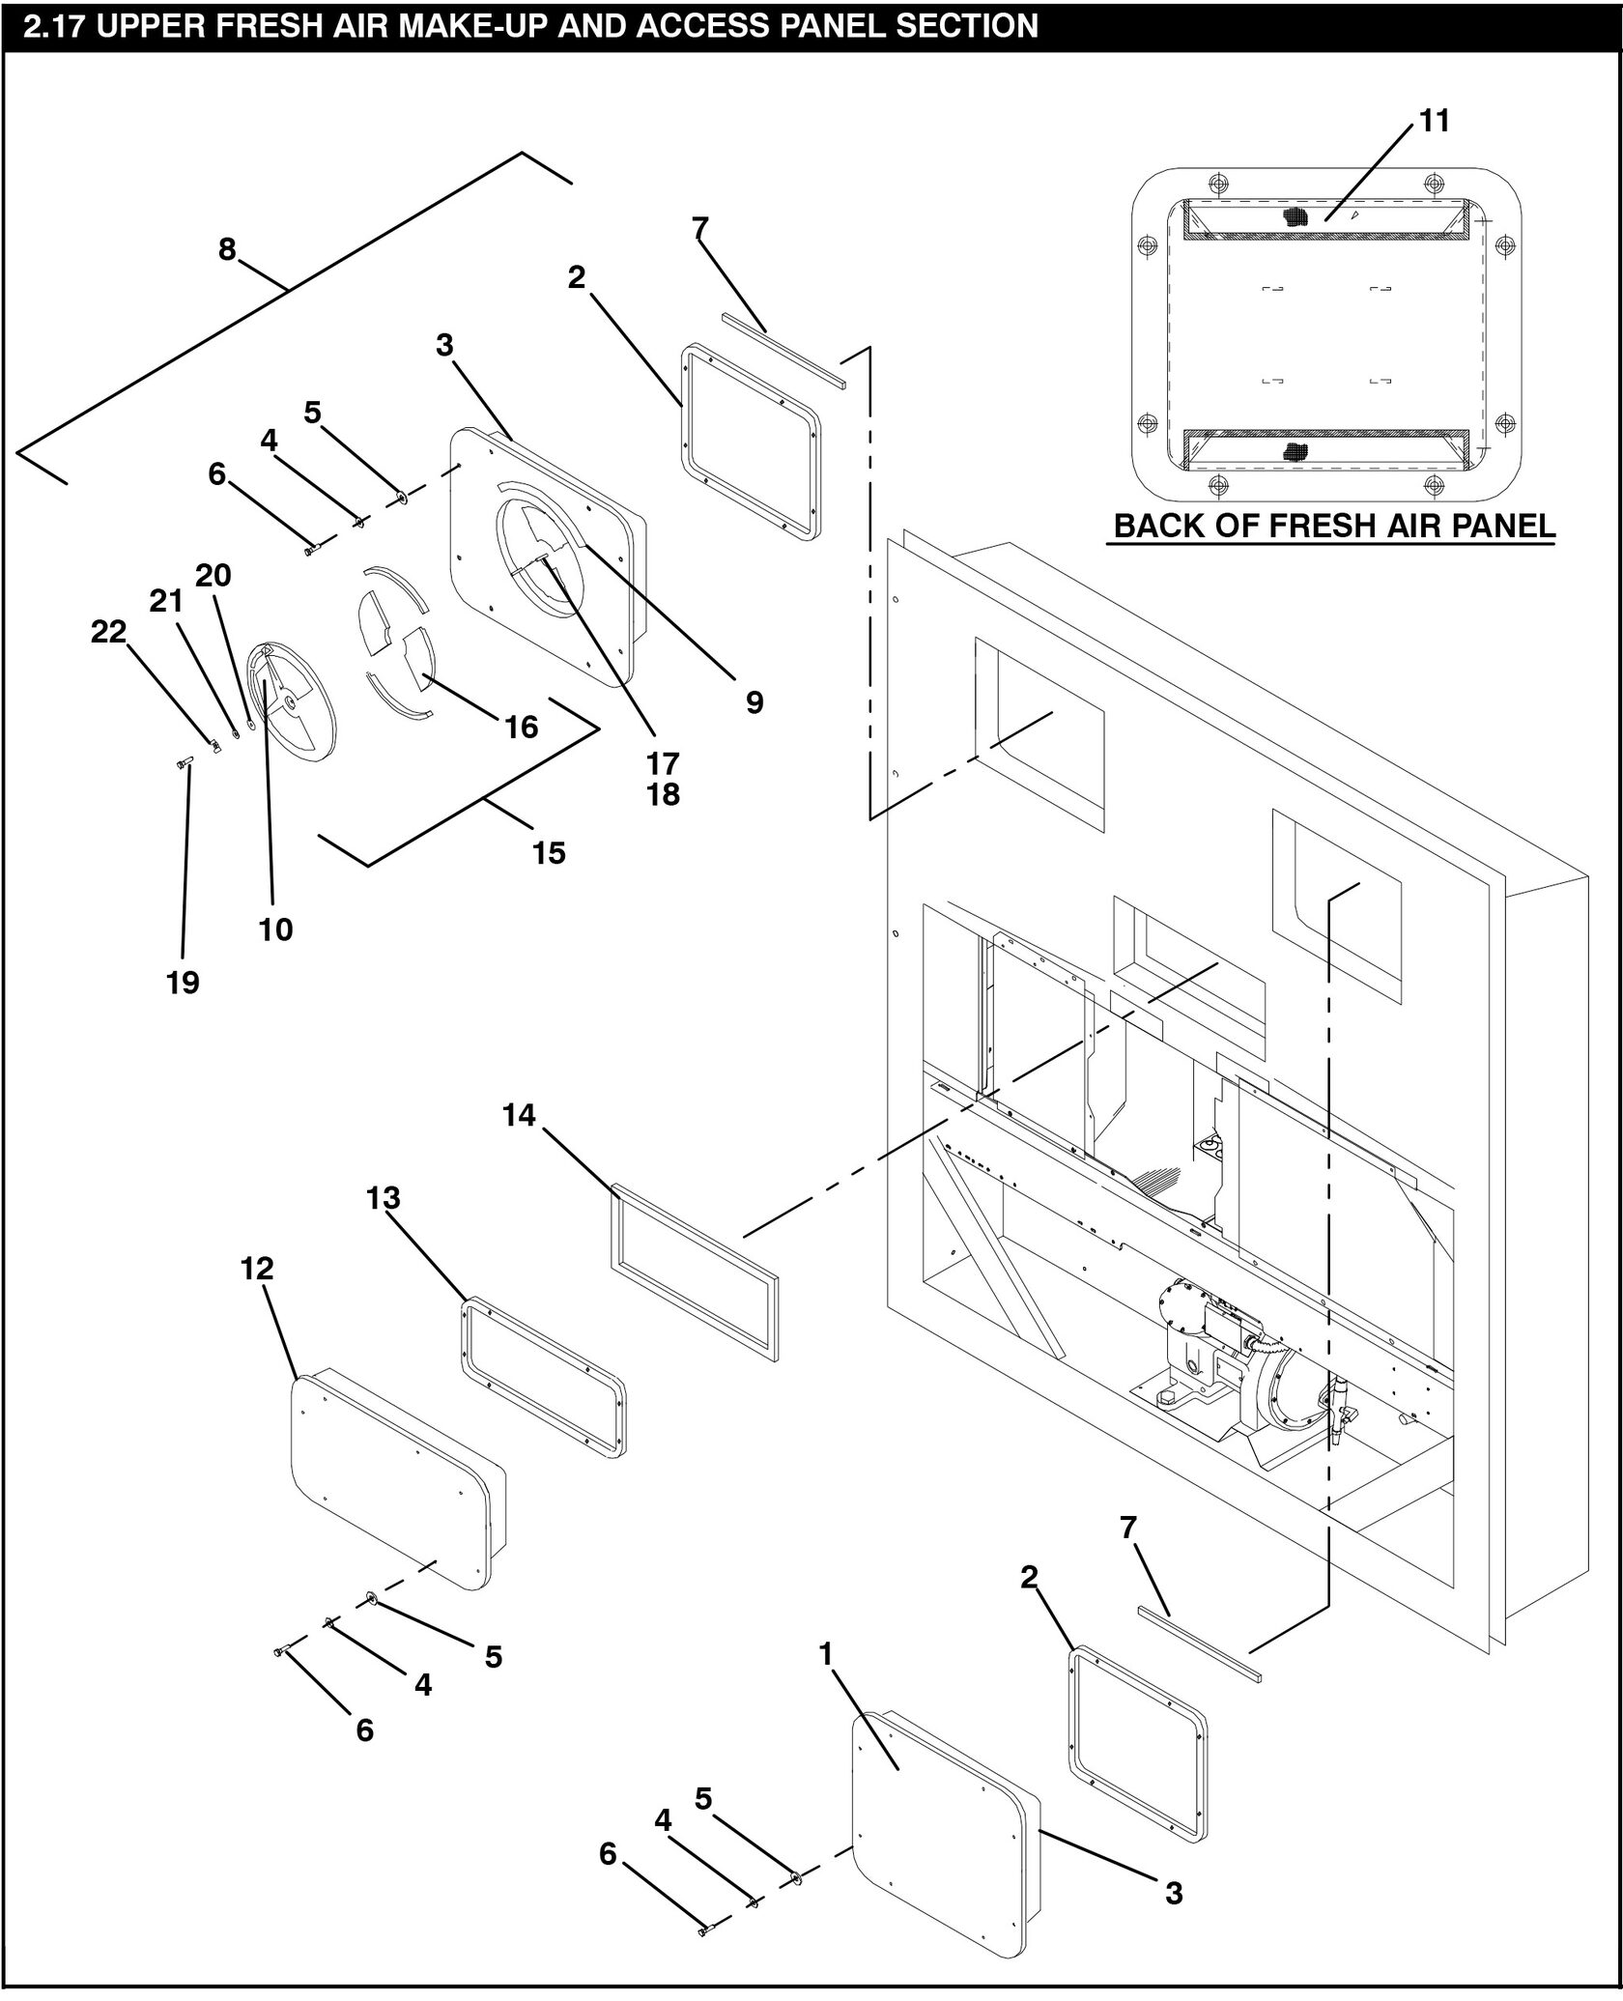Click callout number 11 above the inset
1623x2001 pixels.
pyautogui.click(x=1435, y=122)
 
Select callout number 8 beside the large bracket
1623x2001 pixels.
pyautogui.click(x=227, y=249)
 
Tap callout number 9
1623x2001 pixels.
pyautogui.click(x=755, y=702)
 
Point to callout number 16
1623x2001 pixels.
pyautogui.click(x=522, y=727)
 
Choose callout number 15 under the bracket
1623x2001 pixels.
pyautogui.click(x=549, y=852)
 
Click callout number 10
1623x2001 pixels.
pyautogui.click(x=275, y=929)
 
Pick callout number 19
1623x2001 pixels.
pyautogui.click(x=183, y=983)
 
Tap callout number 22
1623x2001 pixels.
pyautogui.click(x=108, y=632)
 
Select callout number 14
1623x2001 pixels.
pyautogui.click(x=519, y=1115)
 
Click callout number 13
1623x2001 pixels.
pyautogui.click(x=383, y=1198)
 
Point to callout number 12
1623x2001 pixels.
pyautogui.click(x=257, y=1268)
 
